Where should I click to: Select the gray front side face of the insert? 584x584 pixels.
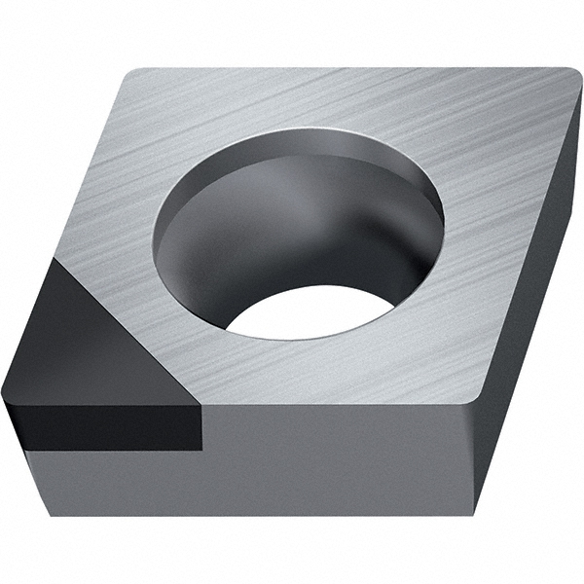341,457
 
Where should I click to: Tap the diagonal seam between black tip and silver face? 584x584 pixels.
131,316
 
